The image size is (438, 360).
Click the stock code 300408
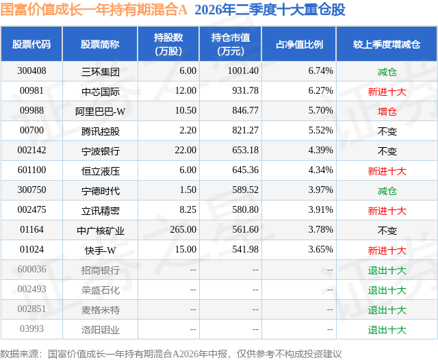click(x=31, y=71)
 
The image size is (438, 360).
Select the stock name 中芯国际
click(x=101, y=91)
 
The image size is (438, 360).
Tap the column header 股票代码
click(x=31, y=44)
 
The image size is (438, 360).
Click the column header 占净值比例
click(x=299, y=44)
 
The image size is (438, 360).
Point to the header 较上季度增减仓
click(x=387, y=44)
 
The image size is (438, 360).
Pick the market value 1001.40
click(x=243, y=71)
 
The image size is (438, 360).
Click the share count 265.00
click(x=183, y=229)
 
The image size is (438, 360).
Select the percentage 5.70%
click(x=321, y=111)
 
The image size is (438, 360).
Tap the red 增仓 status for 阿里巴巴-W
click(x=387, y=112)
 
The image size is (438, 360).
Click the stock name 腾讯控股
click(x=101, y=131)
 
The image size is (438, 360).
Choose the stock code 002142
click(x=31, y=151)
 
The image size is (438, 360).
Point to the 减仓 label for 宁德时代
click(x=387, y=191)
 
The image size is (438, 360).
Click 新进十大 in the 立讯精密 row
click(x=387, y=211)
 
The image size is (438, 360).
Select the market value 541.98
click(x=245, y=249)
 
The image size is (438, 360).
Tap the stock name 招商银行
click(x=101, y=270)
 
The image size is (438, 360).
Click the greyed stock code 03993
click(x=31, y=329)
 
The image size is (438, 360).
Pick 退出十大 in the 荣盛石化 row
click(x=387, y=290)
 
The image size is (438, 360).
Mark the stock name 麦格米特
click(x=101, y=310)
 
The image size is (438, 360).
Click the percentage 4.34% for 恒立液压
click(x=321, y=170)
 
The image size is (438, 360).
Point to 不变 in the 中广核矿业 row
click(x=387, y=231)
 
